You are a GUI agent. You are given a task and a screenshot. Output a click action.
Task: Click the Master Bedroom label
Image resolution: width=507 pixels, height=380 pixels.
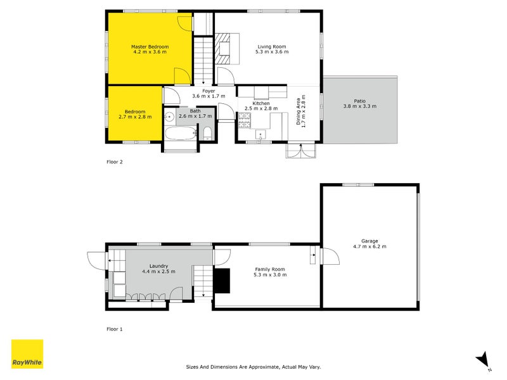(x=150, y=49)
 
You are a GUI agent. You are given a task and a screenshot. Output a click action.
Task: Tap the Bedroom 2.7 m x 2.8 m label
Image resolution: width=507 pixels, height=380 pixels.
(x=134, y=115)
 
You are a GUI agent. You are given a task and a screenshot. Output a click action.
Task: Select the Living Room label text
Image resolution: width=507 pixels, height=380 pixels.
(x=273, y=49)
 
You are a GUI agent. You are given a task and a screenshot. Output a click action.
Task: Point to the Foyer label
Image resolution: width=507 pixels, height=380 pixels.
(x=209, y=94)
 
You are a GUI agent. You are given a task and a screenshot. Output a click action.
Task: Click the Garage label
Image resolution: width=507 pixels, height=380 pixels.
(x=369, y=243)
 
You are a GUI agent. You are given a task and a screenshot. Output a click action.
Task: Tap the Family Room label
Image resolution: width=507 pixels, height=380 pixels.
(x=270, y=272)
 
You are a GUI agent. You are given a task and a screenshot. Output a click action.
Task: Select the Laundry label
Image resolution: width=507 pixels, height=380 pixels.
(x=158, y=269)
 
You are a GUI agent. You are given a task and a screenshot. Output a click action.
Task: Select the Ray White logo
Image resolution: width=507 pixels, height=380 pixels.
(x=27, y=355)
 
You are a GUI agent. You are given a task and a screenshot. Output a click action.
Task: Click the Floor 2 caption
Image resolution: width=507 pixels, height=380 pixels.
(x=114, y=161)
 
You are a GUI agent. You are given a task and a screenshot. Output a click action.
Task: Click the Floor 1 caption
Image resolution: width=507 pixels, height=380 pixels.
(x=114, y=329)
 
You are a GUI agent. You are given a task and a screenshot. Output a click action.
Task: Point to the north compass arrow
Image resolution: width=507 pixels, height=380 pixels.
(x=483, y=360)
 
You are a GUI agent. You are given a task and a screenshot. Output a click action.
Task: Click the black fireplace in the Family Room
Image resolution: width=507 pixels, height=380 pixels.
(x=222, y=280)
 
